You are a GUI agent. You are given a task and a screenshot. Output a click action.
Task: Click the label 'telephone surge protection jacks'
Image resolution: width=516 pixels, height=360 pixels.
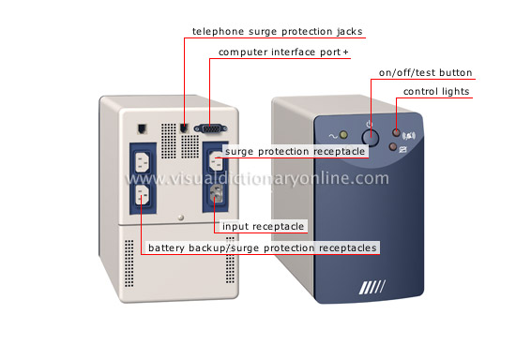(x=277, y=32)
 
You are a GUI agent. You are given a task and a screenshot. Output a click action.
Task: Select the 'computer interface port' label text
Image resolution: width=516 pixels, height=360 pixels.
(x=282, y=52)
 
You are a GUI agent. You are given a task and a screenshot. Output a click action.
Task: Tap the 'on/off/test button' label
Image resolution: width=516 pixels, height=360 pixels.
(x=425, y=72)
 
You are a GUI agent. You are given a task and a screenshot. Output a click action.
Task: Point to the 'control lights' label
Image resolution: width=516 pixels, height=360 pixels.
(x=436, y=91)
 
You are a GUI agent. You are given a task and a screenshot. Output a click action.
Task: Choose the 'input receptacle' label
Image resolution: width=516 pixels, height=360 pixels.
(x=264, y=226)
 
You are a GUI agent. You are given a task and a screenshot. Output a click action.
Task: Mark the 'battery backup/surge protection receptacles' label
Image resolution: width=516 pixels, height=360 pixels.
(x=262, y=247)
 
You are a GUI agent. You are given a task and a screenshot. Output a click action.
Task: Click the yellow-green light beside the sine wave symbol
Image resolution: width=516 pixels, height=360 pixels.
(x=343, y=135)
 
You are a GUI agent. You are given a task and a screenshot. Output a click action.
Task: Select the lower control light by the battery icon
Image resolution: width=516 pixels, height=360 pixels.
(x=392, y=146)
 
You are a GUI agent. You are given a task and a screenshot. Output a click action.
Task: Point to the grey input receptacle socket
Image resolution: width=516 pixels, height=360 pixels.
(x=214, y=194)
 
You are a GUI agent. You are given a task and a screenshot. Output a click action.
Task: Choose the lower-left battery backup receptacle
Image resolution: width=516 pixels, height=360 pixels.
(x=140, y=194)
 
